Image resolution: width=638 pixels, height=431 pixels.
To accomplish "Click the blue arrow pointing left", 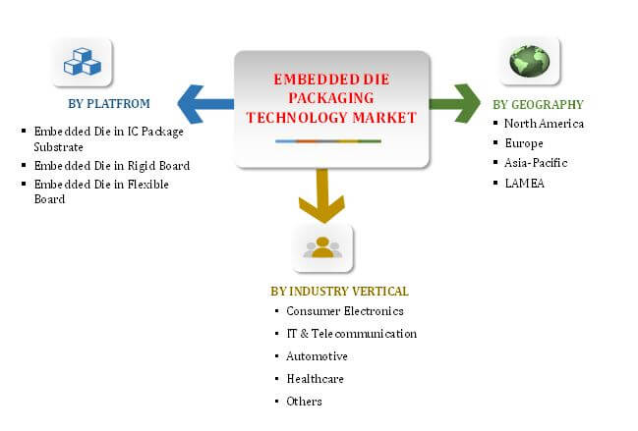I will pos(204,98).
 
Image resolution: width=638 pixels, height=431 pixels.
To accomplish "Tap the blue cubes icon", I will pos(83,62).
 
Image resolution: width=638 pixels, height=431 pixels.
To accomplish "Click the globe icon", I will pos(530,61).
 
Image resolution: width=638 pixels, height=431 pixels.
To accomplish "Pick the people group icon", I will pos(322,247).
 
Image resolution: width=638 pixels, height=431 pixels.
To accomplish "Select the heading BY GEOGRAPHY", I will pos(538,104).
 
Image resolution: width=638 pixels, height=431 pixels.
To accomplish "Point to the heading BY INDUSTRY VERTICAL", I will pos(339,292).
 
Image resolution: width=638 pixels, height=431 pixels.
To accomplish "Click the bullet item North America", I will pos(544,124).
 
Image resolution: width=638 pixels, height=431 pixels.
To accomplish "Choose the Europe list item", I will pos(525,143).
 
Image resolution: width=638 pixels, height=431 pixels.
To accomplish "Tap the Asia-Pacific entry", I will pos(536,163).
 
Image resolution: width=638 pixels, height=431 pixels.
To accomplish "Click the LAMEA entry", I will pos(524,183).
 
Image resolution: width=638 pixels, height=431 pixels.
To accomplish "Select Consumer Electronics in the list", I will pos(344,311).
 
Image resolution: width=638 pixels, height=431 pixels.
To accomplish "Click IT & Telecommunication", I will pos(351,334).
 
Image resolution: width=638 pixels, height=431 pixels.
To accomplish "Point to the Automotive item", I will pos(317,356).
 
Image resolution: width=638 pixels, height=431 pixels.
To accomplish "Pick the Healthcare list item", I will pos(315,379).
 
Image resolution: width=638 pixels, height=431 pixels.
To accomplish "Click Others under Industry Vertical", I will pos(304,402).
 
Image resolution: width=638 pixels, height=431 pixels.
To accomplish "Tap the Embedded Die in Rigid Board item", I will pos(111,165).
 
